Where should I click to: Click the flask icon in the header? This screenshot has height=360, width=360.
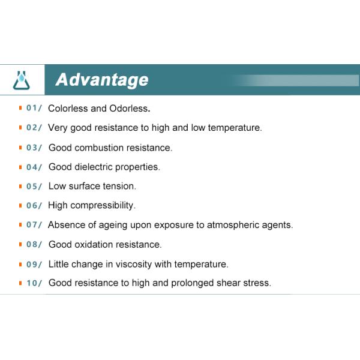tap(22, 80)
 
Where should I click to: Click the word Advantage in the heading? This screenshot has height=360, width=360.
tap(101, 80)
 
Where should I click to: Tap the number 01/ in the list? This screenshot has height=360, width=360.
tap(34, 109)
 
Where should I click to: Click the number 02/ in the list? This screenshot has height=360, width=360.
tap(34, 128)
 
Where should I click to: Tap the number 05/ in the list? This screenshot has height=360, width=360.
tap(34, 186)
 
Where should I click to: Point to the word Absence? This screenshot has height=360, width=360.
tap(65, 225)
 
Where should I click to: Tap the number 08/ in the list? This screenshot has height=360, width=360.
tap(34, 244)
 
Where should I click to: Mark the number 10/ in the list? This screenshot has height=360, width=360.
tap(34, 283)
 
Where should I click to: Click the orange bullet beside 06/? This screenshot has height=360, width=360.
tap(20, 205)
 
